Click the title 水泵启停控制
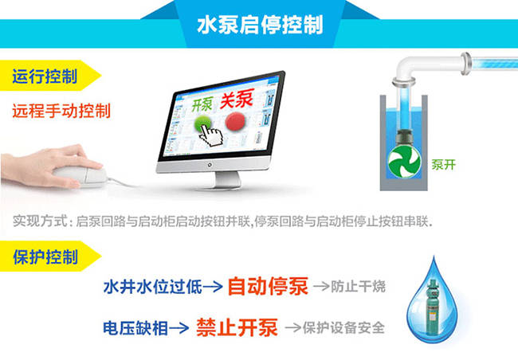(259, 23)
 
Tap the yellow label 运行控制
(45, 77)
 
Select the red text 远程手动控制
(61, 110)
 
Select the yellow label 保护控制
(45, 257)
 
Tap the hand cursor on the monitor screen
(211, 135)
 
